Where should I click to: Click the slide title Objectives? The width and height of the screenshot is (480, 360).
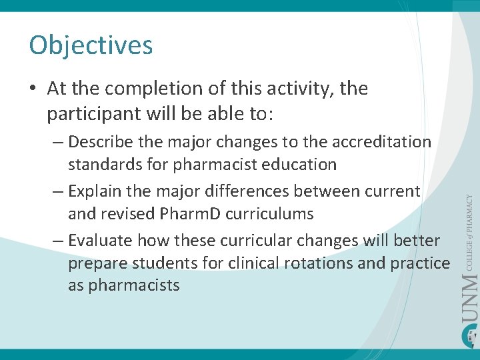91,45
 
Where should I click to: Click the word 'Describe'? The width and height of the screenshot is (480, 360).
100,142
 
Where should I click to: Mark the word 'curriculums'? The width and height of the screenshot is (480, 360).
273,214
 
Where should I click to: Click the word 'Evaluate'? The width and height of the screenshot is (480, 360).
99,241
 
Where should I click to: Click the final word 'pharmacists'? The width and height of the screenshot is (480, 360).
124,285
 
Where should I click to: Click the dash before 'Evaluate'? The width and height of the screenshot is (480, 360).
58,241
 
